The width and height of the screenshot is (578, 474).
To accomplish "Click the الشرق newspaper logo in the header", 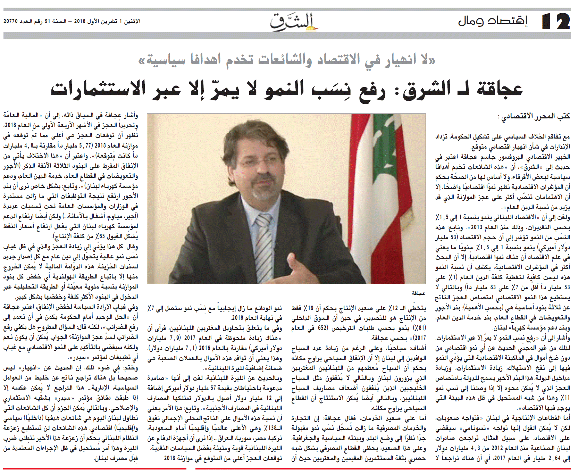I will pos(294,22).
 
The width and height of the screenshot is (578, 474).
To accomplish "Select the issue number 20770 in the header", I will pos(10,21).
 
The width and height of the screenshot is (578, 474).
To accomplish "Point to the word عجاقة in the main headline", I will pos(500,89).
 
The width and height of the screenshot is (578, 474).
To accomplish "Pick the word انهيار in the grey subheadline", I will pos(391,60).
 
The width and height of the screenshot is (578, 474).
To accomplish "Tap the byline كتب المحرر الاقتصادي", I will pos(535,116).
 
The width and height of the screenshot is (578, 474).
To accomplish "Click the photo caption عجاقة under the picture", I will pos(418,293).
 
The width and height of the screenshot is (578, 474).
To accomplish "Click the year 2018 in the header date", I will pos(79,21).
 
